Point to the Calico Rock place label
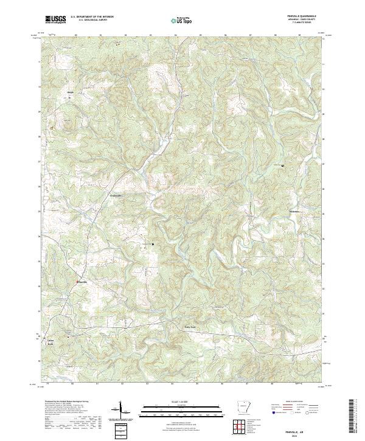tap(51, 341)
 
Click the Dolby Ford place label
tap(191, 327)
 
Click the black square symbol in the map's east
tap(282, 165)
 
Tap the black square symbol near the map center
tap(152, 244)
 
